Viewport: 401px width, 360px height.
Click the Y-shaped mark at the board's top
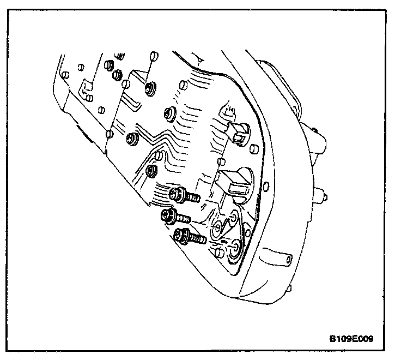[x=199, y=58]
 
